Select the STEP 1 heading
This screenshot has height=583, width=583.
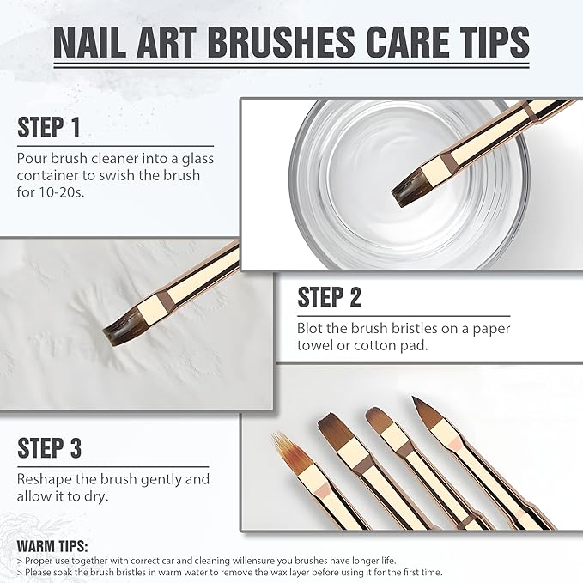click(49, 127)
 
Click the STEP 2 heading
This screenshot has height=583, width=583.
click(330, 297)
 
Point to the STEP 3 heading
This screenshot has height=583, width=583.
click(50, 447)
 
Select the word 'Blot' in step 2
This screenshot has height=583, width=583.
click(312, 329)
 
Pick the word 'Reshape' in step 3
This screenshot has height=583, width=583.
click(44, 479)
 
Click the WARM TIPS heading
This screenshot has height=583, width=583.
click(52, 545)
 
